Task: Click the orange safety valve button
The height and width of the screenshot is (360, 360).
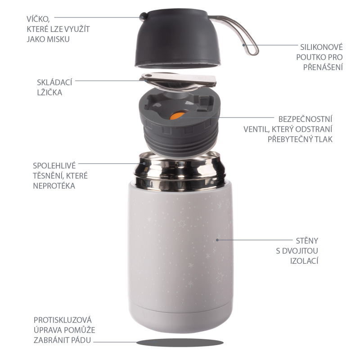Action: pyautogui.click(x=177, y=116)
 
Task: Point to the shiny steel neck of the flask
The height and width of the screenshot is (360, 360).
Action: pyautogui.click(x=180, y=171)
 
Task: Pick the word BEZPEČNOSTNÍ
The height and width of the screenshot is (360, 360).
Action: pyautogui.click(x=306, y=119)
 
